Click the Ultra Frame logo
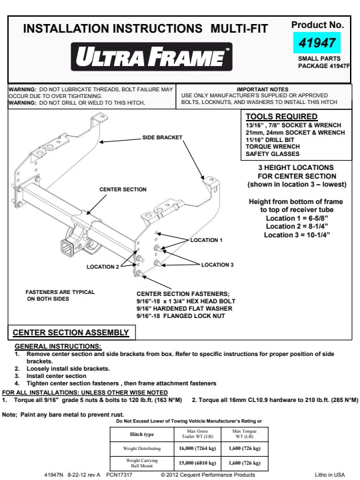pos(151,57)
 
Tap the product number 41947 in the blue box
pos(317,43)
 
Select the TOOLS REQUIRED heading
pos(281,117)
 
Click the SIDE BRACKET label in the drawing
pos(162,138)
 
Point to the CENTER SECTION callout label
pos(123,189)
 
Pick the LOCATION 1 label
pos(206,240)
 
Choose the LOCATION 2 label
pos(103,267)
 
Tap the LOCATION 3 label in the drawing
pos(217,265)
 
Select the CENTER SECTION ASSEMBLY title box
pos(71,333)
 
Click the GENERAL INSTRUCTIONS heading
pos(58,347)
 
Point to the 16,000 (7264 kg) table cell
pos(197,449)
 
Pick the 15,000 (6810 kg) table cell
pos(197,463)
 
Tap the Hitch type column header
pos(142,434)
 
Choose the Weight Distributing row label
pos(142,449)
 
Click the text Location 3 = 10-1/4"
pos(297,235)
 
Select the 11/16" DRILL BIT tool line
pos(270,140)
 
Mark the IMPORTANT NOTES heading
pos(263,89)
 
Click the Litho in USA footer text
pos(330,475)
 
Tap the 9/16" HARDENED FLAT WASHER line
pos(184,309)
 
